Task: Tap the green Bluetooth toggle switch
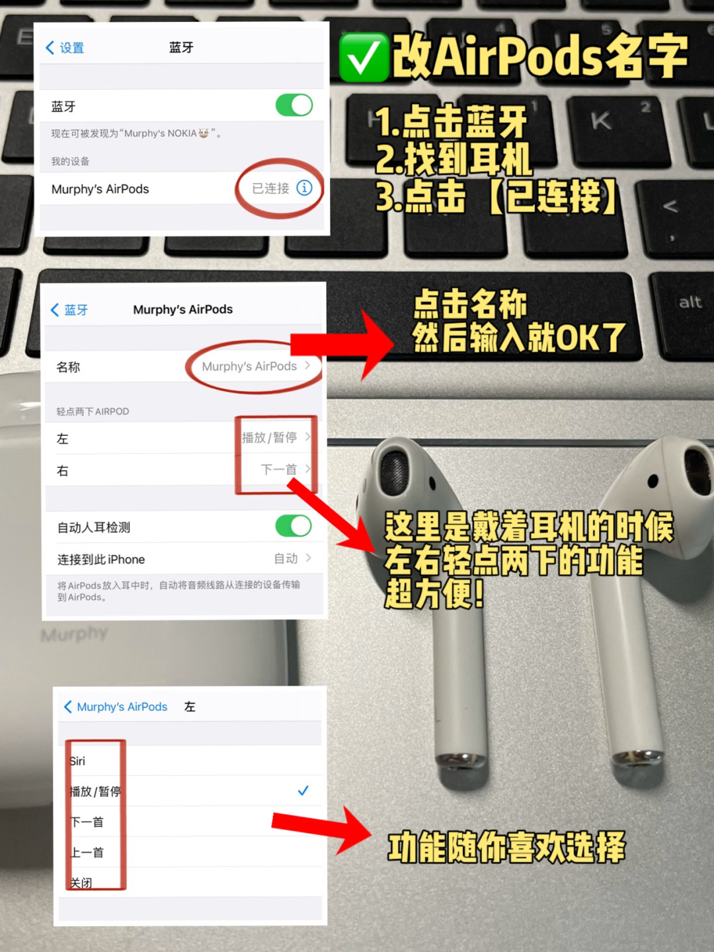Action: (x=294, y=106)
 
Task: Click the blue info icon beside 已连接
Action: (x=304, y=188)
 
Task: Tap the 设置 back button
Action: (x=65, y=48)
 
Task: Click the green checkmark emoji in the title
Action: (x=364, y=57)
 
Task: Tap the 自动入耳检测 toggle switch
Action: (x=294, y=526)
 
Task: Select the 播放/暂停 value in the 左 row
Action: (x=269, y=437)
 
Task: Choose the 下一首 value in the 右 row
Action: (x=278, y=469)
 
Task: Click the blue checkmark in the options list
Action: (x=303, y=790)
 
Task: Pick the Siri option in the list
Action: (x=78, y=761)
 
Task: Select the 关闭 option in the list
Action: (x=81, y=883)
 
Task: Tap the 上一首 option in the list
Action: (x=87, y=852)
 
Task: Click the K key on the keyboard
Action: (x=601, y=121)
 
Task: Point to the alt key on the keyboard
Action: (x=690, y=302)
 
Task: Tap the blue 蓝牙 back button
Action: (x=69, y=310)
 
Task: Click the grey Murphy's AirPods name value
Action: (x=249, y=367)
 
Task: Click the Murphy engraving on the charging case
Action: (x=74, y=634)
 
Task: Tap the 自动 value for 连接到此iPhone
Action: (x=286, y=558)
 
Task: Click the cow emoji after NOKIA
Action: (x=204, y=133)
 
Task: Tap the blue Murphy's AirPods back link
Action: (x=116, y=706)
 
